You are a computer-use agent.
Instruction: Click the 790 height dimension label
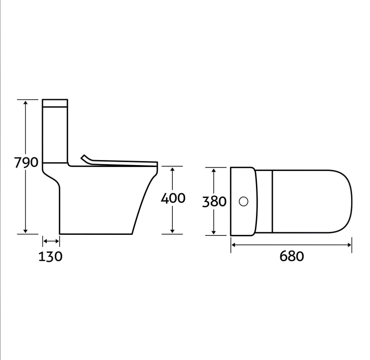(x=26, y=162)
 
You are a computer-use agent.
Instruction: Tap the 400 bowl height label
(x=173, y=198)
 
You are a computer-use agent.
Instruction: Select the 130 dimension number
(x=50, y=256)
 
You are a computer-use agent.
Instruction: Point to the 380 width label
(x=214, y=202)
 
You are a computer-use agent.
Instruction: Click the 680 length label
(x=292, y=256)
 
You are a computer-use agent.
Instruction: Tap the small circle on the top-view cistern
(x=244, y=202)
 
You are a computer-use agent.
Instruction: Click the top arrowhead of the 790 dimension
(x=25, y=102)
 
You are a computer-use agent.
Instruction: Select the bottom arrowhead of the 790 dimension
(x=25, y=231)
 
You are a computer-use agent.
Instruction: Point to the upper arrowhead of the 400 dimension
(x=172, y=170)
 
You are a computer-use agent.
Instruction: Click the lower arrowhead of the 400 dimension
(x=172, y=231)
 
